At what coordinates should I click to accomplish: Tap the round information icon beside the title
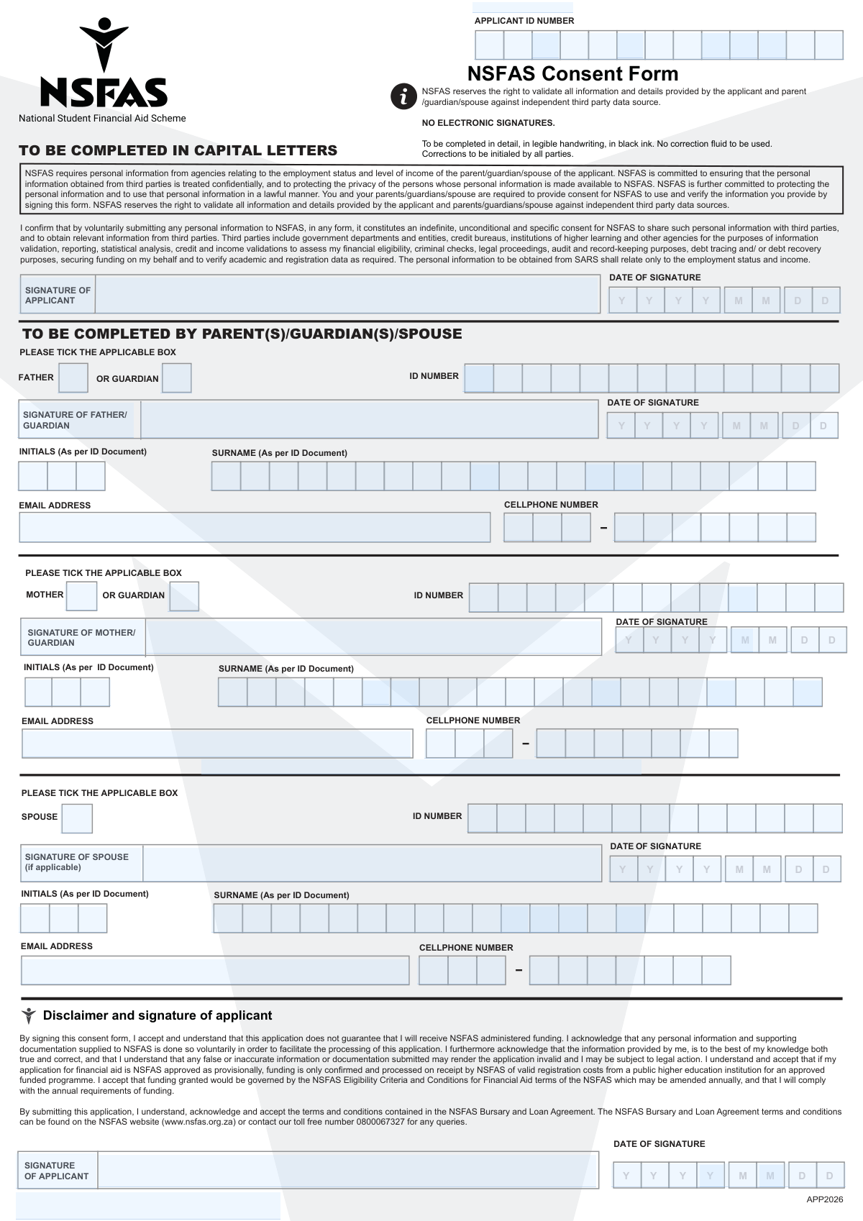403,96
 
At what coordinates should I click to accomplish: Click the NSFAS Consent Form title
572,74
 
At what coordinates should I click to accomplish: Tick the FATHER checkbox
73,378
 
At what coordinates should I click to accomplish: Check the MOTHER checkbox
81,595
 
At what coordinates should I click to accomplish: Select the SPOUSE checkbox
77,818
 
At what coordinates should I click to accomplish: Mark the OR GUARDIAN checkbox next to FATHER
176,378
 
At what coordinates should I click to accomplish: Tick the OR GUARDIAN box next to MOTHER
184,596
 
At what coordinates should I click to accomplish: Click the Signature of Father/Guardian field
369,420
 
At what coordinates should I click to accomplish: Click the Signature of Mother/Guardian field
373,637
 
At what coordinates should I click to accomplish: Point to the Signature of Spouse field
372,864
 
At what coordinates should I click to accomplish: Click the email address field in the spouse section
214,971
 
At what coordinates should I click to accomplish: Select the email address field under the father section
255,527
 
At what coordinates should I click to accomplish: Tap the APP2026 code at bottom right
824,1199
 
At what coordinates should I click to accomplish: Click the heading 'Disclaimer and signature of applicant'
157,1015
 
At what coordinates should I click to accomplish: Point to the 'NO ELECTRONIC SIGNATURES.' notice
488,123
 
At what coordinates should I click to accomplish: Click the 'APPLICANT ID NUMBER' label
524,21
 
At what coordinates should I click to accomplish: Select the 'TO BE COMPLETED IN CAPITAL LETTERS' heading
178,150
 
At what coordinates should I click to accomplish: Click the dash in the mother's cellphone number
525,744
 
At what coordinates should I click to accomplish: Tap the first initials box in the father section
33,476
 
